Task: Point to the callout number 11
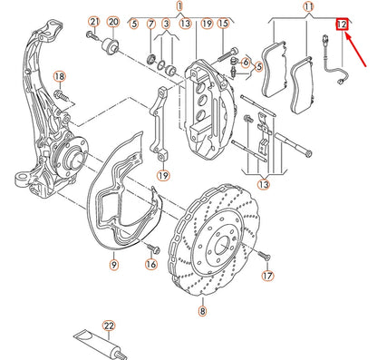(x=308, y=7)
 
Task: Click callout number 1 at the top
(x=179, y=7)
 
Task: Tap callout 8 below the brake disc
(x=202, y=311)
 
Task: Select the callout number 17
(x=266, y=275)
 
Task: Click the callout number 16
(x=150, y=264)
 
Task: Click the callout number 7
(x=150, y=22)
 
